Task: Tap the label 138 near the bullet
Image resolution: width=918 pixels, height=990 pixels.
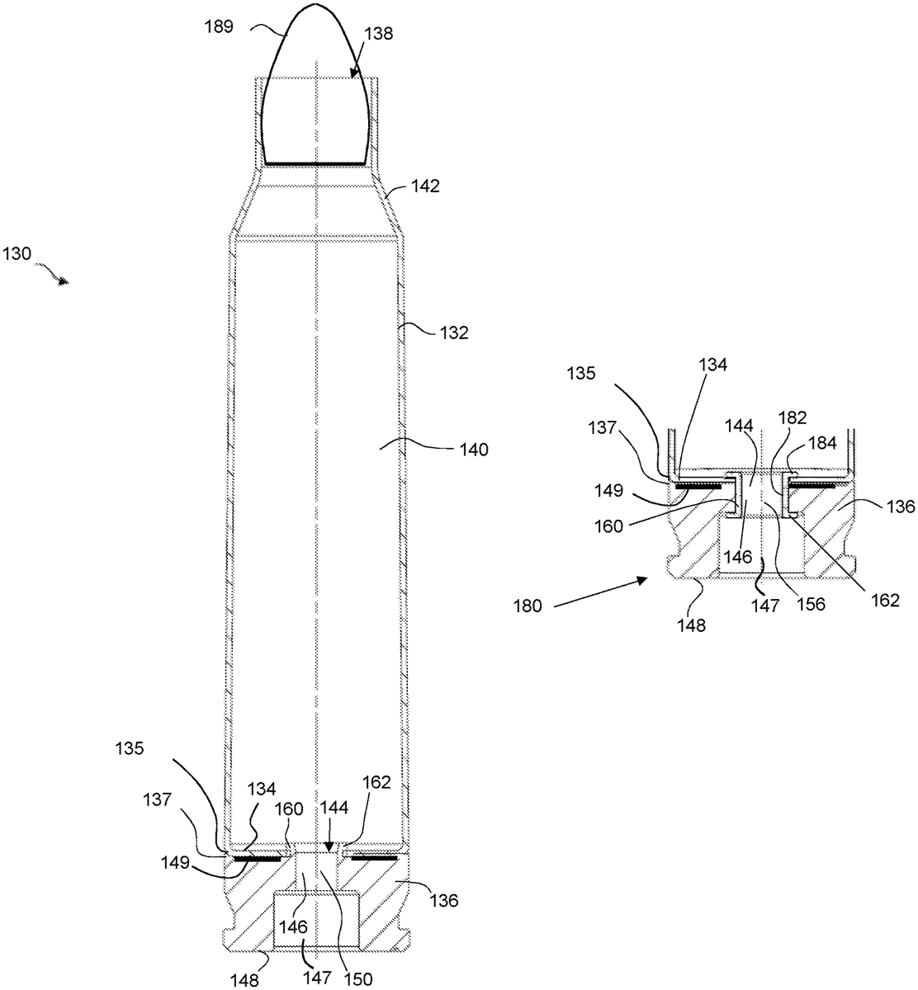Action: (x=377, y=34)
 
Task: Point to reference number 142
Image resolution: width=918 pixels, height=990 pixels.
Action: (x=424, y=186)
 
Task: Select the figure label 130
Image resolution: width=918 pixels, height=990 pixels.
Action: (x=17, y=256)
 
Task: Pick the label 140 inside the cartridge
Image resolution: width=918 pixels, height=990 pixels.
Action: (x=471, y=450)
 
